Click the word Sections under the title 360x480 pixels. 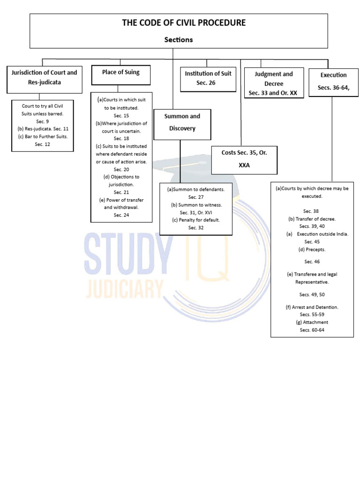coord(178,40)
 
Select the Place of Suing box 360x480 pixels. coord(120,72)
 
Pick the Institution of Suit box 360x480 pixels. coord(208,78)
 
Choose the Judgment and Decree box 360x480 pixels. coord(273,83)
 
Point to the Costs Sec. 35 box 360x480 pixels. coord(244,159)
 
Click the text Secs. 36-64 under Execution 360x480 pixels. coord(333,87)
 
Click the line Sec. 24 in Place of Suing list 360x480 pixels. coord(121,215)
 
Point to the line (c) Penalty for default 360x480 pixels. coord(195,220)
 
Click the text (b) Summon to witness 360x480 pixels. coord(195,205)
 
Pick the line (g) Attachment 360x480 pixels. coord(312,322)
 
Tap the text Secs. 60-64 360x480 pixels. coord(312,330)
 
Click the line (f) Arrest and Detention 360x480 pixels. coord(312,307)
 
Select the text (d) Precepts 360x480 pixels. coord(312,249)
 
